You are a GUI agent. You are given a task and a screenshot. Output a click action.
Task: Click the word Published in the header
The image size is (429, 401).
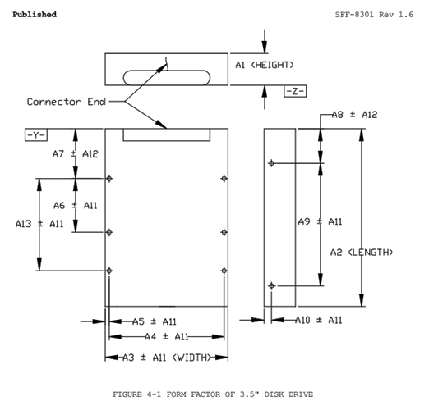pos(35,15)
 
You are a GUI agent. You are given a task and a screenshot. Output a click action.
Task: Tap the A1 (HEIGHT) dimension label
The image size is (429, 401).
pos(264,64)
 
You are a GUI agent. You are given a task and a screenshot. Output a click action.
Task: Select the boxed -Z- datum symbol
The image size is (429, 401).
pos(295,90)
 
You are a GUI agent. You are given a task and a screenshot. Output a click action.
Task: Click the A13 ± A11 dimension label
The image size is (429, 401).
pos(39,223)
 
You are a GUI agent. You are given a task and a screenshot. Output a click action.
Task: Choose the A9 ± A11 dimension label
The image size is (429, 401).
pos(320,221)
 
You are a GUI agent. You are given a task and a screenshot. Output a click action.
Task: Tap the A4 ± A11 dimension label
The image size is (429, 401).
pos(167,336)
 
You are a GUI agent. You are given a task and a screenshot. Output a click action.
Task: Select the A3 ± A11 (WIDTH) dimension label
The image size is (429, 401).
pos(165,358)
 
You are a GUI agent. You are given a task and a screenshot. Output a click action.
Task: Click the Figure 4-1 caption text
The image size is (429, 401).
pos(213,394)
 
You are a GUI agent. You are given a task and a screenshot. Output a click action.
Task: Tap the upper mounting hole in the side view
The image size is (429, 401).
pos(271,163)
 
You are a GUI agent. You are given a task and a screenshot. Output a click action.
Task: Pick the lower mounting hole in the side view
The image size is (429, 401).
pos(271,285)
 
